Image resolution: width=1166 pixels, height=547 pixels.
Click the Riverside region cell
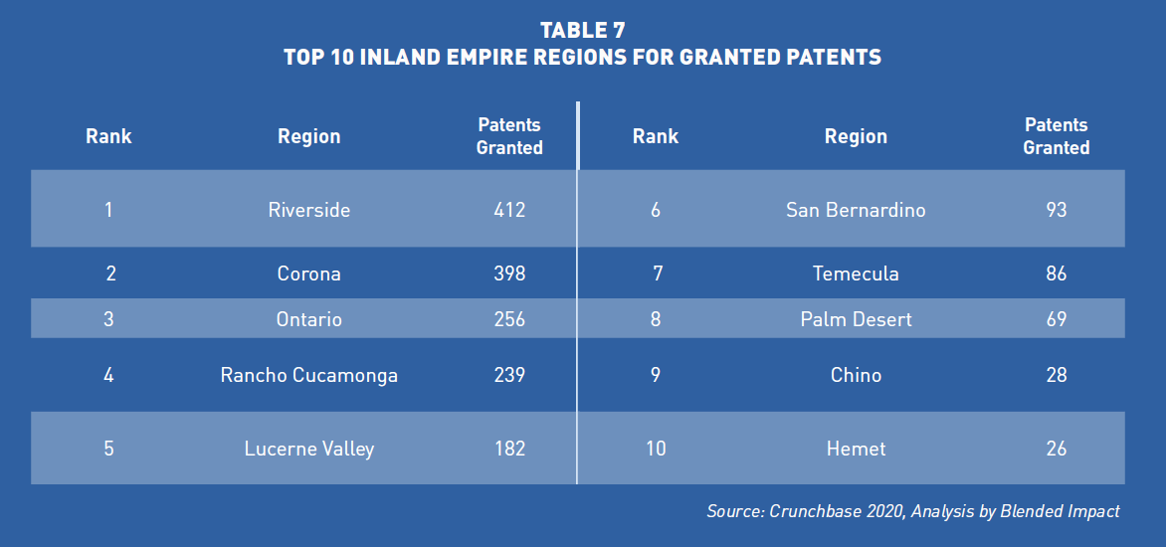point(308,210)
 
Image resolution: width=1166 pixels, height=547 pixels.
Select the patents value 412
point(509,210)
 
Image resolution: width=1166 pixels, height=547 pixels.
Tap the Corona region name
point(308,274)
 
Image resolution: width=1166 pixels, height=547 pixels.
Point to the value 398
point(509,274)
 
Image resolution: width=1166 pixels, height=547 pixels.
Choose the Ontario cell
point(308,319)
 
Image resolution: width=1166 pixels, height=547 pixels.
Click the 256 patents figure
point(509,319)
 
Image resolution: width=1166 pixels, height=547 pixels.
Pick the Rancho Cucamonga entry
point(308,376)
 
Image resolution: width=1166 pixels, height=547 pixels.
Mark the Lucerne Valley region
point(308,450)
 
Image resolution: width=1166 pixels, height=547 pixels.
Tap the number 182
point(509,450)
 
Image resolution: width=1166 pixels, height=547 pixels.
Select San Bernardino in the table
point(856,210)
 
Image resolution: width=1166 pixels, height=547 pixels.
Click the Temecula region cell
point(856,274)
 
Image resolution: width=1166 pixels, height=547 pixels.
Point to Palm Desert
point(856,319)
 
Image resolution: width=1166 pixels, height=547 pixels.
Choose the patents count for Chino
point(1056,376)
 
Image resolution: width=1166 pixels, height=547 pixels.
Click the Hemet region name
point(856,450)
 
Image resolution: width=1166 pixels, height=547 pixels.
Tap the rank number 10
point(656,450)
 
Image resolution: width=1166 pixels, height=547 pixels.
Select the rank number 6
point(656,210)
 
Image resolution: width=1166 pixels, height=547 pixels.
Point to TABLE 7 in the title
point(583,31)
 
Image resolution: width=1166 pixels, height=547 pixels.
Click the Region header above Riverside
point(308,137)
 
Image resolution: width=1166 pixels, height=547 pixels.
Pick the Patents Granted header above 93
point(1056,136)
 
